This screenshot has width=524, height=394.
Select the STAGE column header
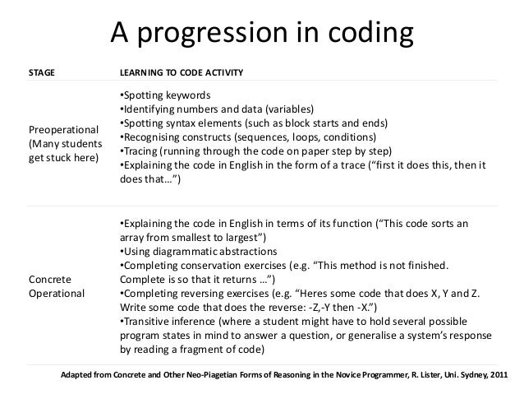[43, 74]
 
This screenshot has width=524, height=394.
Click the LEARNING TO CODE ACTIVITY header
[182, 74]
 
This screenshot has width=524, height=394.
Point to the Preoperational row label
[63, 130]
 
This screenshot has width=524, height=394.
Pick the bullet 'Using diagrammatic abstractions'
[198, 251]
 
